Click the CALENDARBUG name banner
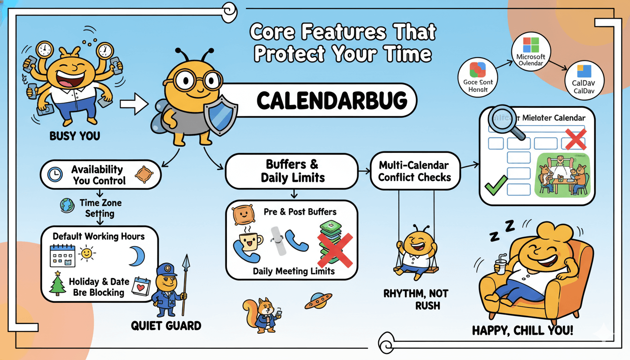pyautogui.click(x=319, y=100)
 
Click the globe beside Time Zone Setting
pyautogui.click(x=66, y=205)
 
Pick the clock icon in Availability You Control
pyautogui.click(x=55, y=174)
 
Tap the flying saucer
pyautogui.click(x=318, y=301)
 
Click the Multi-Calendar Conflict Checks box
pyautogui.click(x=414, y=171)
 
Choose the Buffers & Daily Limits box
pyautogui.click(x=292, y=171)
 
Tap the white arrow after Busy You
pyautogui.click(x=134, y=104)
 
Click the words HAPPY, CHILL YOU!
pyautogui.click(x=522, y=331)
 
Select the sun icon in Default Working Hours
pyautogui.click(x=87, y=254)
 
